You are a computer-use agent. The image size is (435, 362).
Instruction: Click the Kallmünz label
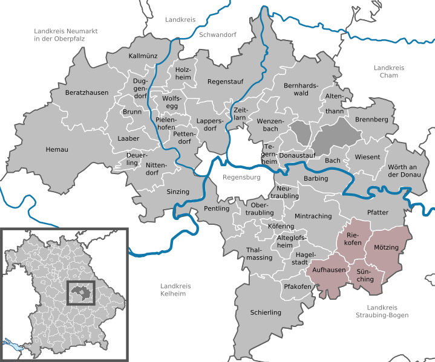click(x=143, y=56)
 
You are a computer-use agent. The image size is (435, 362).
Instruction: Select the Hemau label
click(x=57, y=149)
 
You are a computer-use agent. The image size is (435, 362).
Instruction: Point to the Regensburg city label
click(x=241, y=178)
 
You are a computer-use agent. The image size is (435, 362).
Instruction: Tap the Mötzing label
click(x=387, y=248)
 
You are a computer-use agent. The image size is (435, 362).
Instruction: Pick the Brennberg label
click(x=371, y=120)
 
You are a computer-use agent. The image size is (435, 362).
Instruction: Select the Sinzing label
click(x=178, y=192)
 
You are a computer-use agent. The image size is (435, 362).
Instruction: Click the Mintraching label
click(x=313, y=216)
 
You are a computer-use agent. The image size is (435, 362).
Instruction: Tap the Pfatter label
click(x=378, y=212)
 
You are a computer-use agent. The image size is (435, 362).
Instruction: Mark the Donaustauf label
click(x=295, y=155)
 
